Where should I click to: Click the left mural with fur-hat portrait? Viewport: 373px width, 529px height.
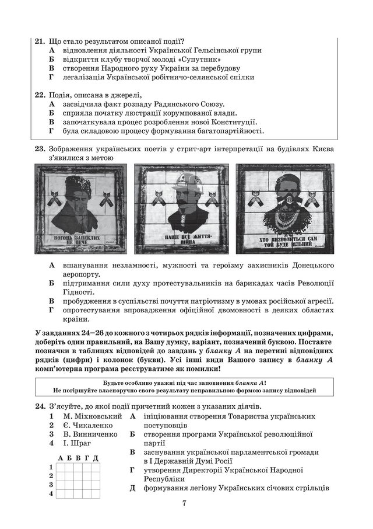click(x=82, y=208)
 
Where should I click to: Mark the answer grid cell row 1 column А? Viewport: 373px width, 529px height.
click(x=60, y=467)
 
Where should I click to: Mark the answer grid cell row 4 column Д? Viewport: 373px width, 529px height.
click(x=96, y=493)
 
